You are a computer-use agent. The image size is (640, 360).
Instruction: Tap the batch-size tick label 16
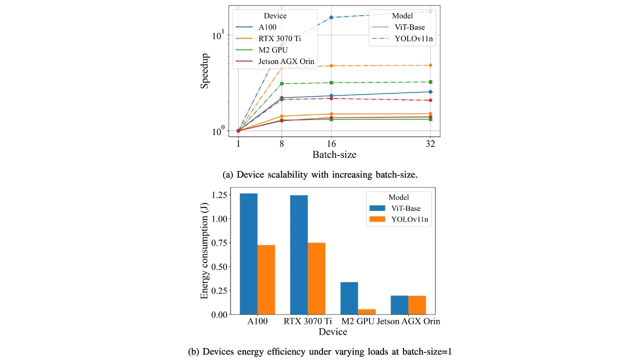(x=331, y=143)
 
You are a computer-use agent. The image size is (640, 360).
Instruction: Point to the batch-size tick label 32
(x=430, y=143)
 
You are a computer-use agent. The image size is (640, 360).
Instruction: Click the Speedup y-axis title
(x=205, y=71)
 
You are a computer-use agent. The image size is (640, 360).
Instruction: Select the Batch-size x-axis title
(x=334, y=155)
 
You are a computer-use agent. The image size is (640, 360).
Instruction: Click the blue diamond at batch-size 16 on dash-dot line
(x=331, y=17)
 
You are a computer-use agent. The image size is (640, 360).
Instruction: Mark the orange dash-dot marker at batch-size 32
(x=430, y=65)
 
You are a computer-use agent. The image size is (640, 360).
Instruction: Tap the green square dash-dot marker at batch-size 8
(x=282, y=83)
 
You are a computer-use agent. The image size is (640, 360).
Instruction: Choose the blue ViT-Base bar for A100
(x=248, y=253)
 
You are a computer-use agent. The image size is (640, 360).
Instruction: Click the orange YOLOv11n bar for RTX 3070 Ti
(x=316, y=278)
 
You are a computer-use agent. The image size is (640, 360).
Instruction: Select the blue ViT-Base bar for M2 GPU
(x=349, y=298)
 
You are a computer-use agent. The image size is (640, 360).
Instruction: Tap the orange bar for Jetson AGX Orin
(x=417, y=305)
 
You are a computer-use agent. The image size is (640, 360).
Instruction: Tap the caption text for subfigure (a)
(x=319, y=174)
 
